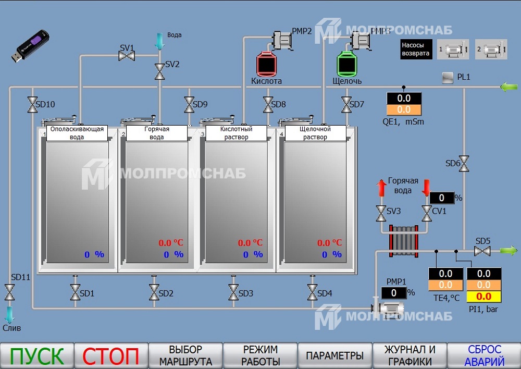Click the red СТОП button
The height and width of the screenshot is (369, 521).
point(111,356)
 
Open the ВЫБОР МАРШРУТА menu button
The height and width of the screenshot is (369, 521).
point(185,356)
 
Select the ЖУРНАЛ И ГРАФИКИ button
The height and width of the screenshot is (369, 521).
point(410,356)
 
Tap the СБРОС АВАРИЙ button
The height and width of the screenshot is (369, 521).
point(484,356)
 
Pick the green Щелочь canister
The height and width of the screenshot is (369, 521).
point(346,64)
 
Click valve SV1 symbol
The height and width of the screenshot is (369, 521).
point(127,55)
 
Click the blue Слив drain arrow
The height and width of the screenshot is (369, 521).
point(9,314)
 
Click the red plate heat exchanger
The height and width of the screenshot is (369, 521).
point(404,240)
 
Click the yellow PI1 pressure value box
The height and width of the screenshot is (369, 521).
point(483,297)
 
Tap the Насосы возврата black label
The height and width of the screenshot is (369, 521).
point(416,50)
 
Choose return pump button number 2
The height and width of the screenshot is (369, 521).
point(490,50)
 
